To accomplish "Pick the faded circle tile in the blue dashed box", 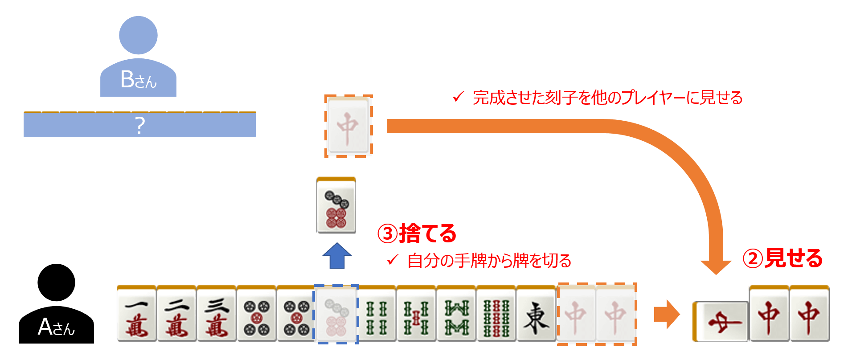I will pos(336,315).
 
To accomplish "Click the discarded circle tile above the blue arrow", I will pos(336,206).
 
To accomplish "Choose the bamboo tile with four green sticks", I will pos(376,315).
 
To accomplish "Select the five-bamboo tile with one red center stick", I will pos(416,315).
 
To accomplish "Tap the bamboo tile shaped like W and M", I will pos(456,315).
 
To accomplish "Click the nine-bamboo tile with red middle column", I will pos(496,315).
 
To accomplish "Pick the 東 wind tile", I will pos(536,315).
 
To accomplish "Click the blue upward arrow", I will pos(337,256).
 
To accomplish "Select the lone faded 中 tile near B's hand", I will pos(348,126).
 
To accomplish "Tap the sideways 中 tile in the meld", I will pos(720,321).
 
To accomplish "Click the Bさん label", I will pos(139,80).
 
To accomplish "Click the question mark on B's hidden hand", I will pos(140,126).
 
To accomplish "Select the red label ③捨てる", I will pos(417,233).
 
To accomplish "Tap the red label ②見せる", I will pos(782,258).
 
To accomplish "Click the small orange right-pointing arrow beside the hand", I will pos(666,314).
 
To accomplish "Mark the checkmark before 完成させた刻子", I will pos(458,97).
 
